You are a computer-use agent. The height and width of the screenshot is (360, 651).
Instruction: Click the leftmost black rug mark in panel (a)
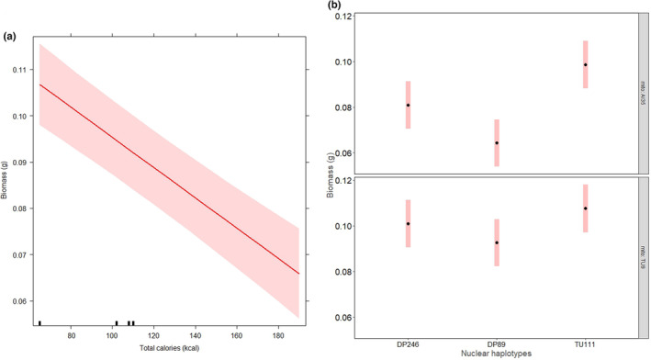click(x=39, y=322)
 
